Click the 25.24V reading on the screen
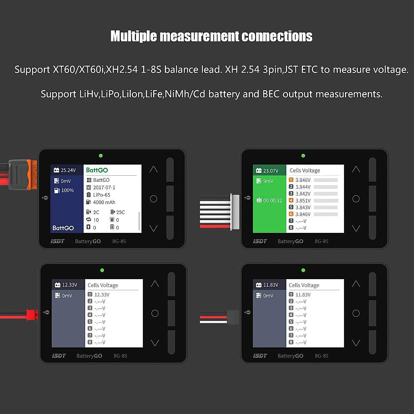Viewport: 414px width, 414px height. [68, 170]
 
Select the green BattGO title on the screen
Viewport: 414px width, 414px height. [97, 170]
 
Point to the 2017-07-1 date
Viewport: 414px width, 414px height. [104, 187]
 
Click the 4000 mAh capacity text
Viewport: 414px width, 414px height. [104, 203]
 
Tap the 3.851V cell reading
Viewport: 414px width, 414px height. [303, 200]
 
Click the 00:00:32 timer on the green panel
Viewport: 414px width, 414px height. [273, 200]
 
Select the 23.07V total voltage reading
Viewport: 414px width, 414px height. [270, 170]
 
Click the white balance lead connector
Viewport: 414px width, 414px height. [235, 211]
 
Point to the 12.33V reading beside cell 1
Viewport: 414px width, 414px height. [102, 295]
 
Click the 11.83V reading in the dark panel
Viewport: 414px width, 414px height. [270, 285]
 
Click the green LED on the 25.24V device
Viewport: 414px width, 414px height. [101, 156]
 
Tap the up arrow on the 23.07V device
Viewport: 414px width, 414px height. [356, 169]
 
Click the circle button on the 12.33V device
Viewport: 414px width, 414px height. [155, 313]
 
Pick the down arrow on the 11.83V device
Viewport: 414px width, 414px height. [356, 343]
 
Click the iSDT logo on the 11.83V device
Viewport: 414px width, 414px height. [260, 356]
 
